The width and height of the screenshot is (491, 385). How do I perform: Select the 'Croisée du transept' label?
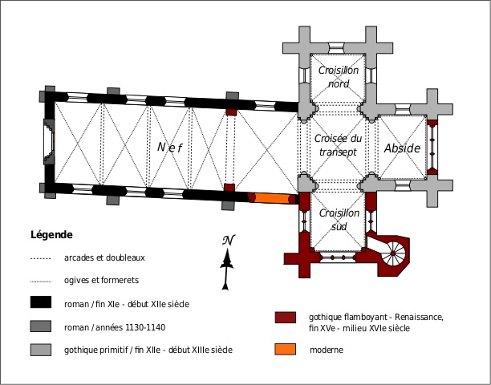click(x=339, y=145)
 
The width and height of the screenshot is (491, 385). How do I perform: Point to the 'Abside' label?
click(x=402, y=149)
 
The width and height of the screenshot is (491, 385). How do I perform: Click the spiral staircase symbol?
click(x=392, y=255)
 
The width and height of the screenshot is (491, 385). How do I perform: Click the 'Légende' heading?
click(x=51, y=235)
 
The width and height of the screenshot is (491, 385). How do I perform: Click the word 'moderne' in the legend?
click(x=327, y=351)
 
